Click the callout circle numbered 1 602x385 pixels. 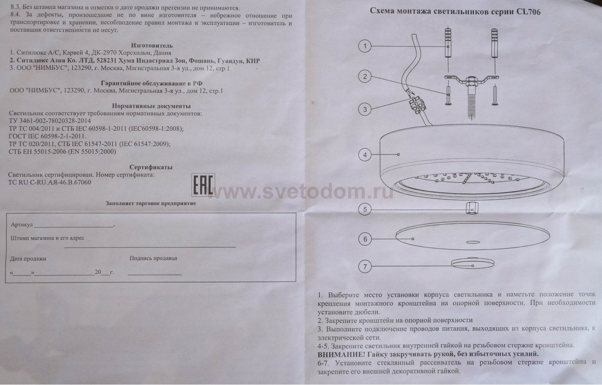pyautogui.click(x=364, y=47)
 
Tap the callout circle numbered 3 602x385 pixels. pyautogui.click(x=364, y=109)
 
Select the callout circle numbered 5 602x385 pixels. pyautogui.click(x=364, y=209)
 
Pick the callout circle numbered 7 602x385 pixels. pyautogui.click(x=364, y=266)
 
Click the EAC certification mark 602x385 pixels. pyautogui.click(x=204, y=185)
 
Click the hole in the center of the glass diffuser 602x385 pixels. pyautogui.click(x=472, y=242)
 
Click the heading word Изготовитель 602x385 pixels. pyautogui.click(x=152, y=46)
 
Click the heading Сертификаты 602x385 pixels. pyautogui.click(x=151, y=167)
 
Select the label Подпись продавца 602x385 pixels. pyautogui.click(x=153, y=258)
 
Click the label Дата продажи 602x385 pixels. pyautogui.click(x=28, y=259)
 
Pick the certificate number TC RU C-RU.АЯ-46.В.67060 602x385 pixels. pyautogui.click(x=50, y=182)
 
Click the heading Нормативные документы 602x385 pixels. pyautogui.click(x=151, y=106)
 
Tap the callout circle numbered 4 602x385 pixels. pyautogui.click(x=364, y=155)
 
